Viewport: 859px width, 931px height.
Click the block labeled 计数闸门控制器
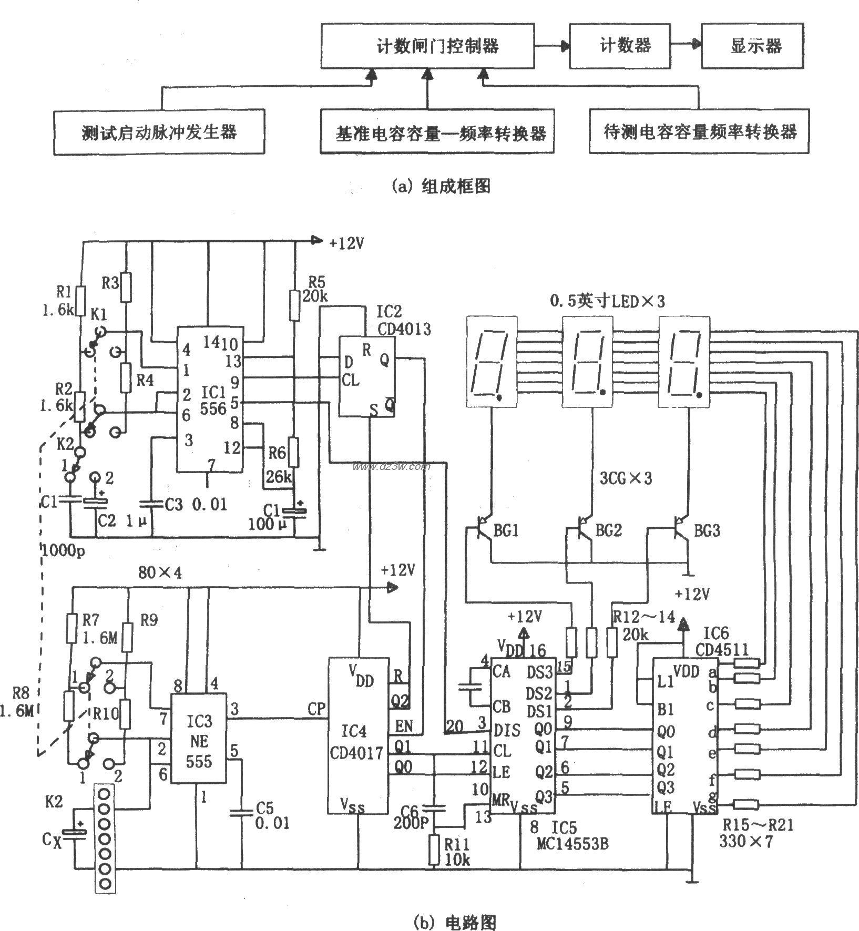[427, 45]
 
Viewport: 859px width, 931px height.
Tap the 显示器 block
[752, 45]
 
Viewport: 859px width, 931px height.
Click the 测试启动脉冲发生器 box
[159, 131]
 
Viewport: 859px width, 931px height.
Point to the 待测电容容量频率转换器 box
[698, 131]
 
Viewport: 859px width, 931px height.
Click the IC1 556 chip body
[208, 400]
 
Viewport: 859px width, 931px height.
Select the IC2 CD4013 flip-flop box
[366, 376]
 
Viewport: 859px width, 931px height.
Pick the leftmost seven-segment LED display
[492, 361]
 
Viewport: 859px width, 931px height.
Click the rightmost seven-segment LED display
[684, 361]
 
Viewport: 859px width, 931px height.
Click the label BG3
[707, 530]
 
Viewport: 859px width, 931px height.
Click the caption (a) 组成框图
[441, 186]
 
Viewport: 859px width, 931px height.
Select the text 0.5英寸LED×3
[607, 301]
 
